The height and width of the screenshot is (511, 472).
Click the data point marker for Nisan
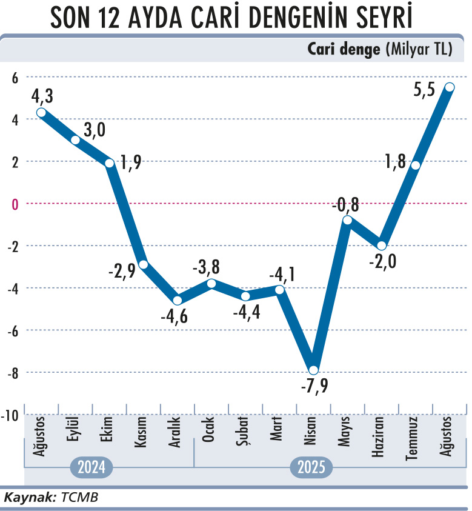tap(313, 370)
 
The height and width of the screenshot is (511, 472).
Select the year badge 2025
tap(313, 468)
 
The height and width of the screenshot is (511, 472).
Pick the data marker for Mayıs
tap(347, 219)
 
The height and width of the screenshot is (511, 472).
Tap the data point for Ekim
tap(110, 163)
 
